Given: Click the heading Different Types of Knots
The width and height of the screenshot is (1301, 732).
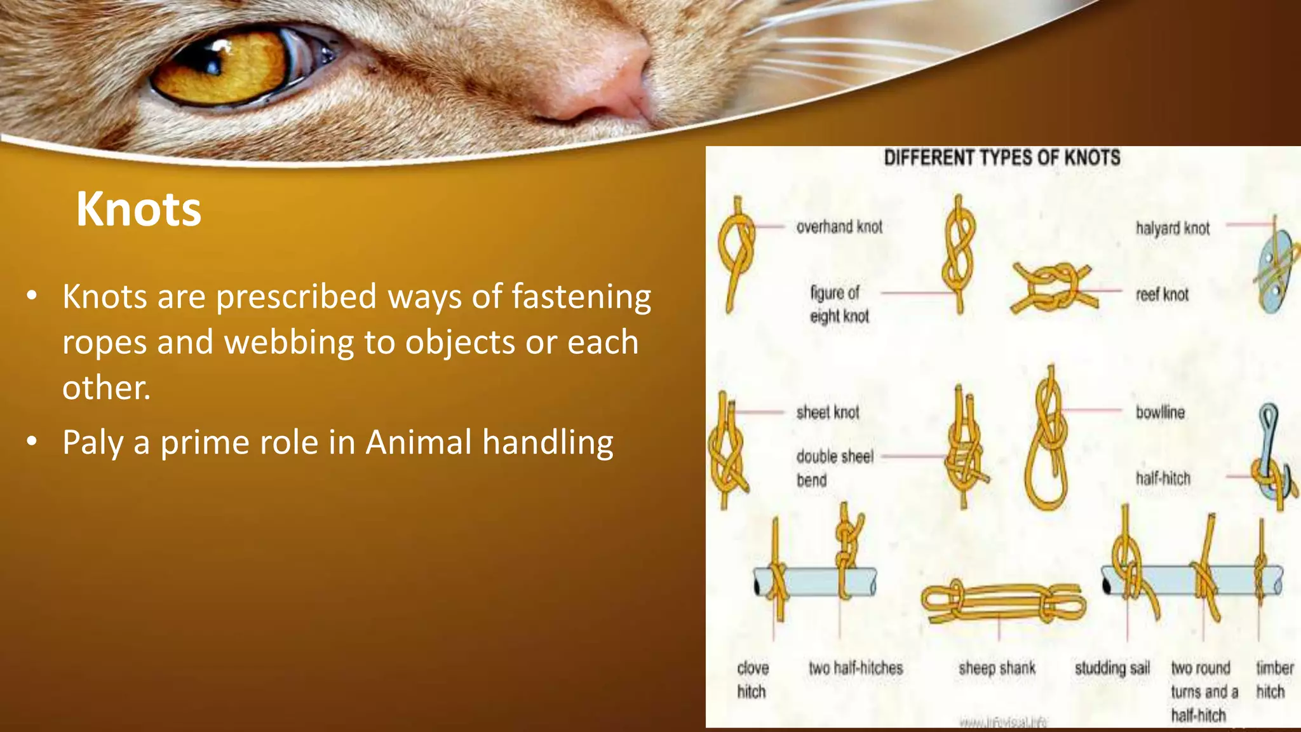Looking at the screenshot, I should coord(1002,158).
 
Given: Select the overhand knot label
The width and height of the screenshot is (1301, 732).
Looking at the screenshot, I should coord(839,227).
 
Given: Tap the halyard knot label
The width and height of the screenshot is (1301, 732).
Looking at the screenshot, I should coord(1173,228).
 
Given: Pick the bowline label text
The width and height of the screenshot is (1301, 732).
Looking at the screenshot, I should coord(1160,412).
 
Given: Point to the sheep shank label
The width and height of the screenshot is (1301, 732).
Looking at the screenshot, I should coord(997,668).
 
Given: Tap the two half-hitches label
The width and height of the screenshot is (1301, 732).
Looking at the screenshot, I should coord(856,668).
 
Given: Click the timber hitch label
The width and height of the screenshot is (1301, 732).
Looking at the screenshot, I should coord(1274,679).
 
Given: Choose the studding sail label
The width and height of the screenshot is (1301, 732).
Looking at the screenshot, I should coord(1112,668).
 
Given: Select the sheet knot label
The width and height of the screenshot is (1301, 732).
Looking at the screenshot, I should coord(828,412).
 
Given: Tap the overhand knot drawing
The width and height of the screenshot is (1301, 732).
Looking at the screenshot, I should coord(736,251).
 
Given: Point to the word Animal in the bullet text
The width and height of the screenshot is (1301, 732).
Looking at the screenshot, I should coord(419,442).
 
